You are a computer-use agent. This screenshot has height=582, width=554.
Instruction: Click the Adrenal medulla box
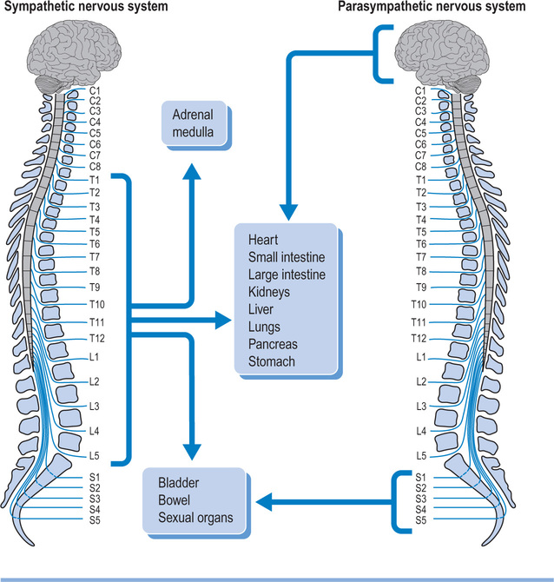pos(192,123)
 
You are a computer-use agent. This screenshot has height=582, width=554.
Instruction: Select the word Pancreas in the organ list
pos(273,345)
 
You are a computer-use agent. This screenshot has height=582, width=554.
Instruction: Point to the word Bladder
pos(179,483)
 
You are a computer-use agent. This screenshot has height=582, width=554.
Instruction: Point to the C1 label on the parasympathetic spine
pos(420,89)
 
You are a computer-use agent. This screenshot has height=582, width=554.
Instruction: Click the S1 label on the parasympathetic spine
pos(420,477)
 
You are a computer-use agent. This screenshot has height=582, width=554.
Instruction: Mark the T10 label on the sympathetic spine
pos(97,304)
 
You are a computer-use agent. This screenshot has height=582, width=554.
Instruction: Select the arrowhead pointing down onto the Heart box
pos(287,212)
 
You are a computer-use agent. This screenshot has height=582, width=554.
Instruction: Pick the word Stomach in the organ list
pos(272,362)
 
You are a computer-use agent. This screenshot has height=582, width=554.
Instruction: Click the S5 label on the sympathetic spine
pos(96,520)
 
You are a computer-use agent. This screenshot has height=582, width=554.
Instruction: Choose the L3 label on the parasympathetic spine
pos(420,406)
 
